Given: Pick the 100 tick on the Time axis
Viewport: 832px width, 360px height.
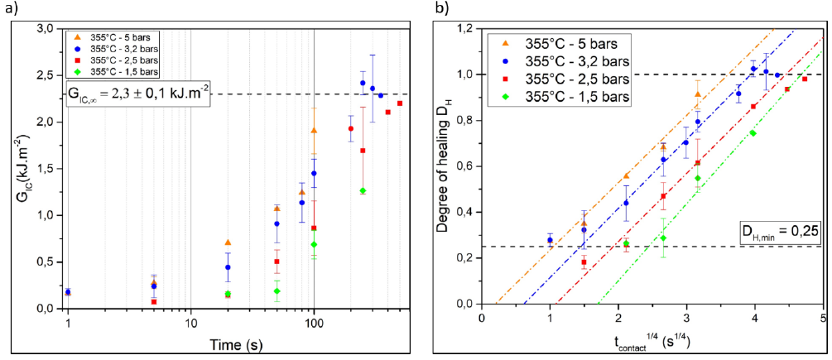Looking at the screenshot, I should point(314,322).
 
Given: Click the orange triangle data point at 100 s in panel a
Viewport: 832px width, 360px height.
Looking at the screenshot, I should point(314,130).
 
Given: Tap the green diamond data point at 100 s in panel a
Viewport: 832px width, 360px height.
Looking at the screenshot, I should point(314,244).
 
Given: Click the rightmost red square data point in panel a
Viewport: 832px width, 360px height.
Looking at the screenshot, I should point(400,103).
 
